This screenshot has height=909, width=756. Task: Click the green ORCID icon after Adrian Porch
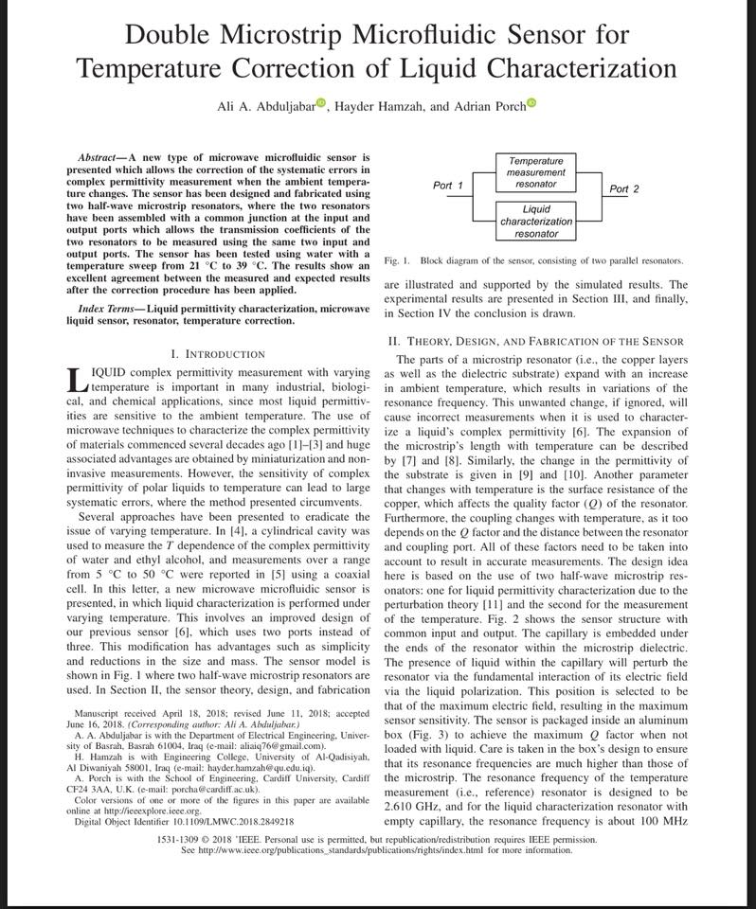pos(531,103)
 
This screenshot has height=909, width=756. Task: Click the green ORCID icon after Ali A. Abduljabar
pos(320,103)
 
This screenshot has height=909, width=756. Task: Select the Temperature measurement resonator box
pos(535,172)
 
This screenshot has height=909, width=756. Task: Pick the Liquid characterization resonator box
pos(535,221)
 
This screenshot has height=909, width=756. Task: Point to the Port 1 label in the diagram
pos(447,186)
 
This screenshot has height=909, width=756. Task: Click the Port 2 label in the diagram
pos(624,189)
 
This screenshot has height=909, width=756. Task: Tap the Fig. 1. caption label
pos(397,260)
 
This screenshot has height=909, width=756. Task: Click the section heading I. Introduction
pos(218,353)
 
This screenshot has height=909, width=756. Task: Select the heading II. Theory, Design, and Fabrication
pos(536,340)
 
